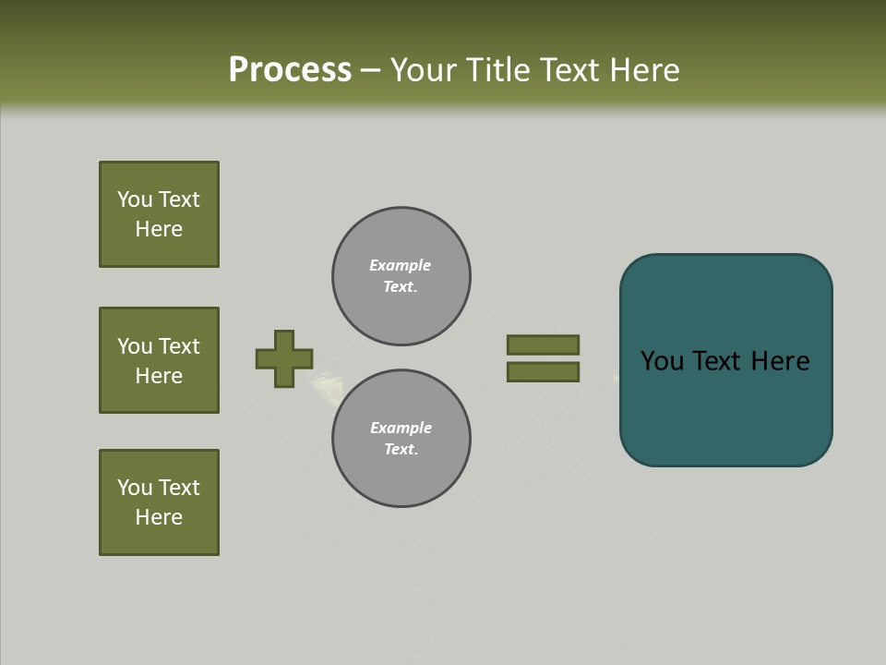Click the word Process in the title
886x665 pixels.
click(x=290, y=70)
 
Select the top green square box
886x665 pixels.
click(x=159, y=214)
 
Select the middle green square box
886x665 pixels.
click(x=159, y=360)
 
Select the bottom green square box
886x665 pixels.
click(x=159, y=502)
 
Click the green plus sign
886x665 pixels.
click(x=284, y=358)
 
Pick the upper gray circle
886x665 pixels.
click(x=401, y=276)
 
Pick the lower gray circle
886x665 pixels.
click(x=401, y=439)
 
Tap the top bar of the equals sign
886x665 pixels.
click(x=543, y=345)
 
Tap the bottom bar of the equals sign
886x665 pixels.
click(x=543, y=372)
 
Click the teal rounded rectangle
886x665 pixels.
click(x=725, y=406)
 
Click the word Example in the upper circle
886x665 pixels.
click(x=400, y=265)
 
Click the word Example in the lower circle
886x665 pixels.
click(x=401, y=428)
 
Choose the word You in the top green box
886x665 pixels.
click(x=135, y=199)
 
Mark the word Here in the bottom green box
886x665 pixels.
click(x=159, y=517)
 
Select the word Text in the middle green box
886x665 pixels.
click(x=179, y=346)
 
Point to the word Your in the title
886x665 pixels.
click(x=421, y=70)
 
